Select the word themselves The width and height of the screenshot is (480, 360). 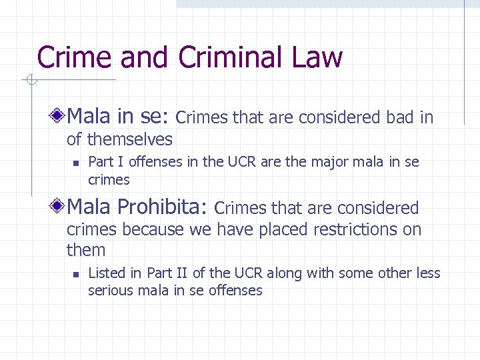(130, 139)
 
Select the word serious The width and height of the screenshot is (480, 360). (111, 290)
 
